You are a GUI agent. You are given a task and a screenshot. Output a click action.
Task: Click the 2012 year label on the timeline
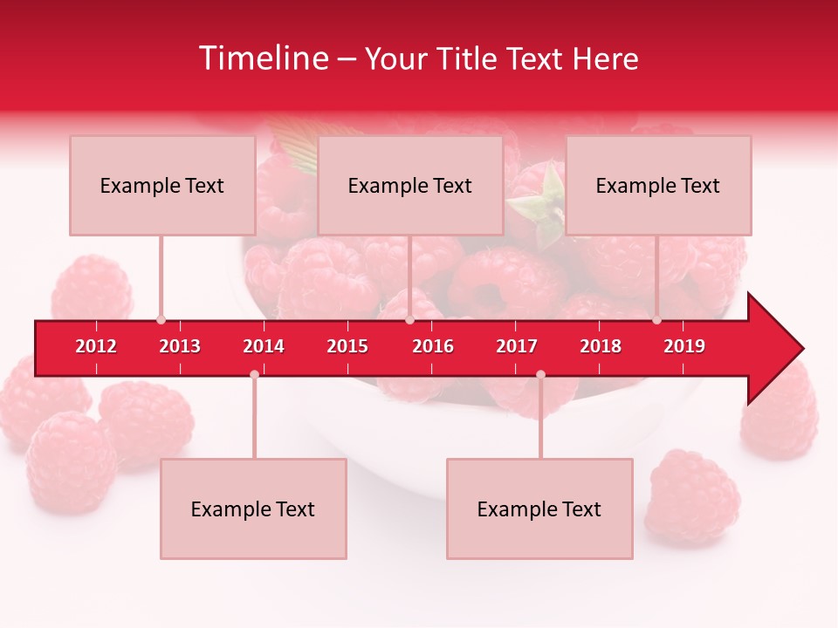tap(96, 346)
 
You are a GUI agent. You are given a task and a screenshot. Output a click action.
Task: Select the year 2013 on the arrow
tap(180, 346)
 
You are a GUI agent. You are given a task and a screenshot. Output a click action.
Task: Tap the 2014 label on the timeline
tap(264, 346)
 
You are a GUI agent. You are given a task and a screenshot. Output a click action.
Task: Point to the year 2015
tap(347, 346)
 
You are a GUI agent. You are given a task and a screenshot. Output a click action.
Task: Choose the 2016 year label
tap(433, 346)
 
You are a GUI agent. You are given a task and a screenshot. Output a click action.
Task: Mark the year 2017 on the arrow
tap(517, 346)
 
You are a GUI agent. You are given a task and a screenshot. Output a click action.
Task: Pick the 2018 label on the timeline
tap(601, 346)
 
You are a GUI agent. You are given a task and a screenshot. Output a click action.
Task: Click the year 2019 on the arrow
tap(684, 346)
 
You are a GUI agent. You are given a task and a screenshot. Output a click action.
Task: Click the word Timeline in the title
tap(262, 58)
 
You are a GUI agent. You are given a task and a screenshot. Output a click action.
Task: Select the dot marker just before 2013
tap(161, 320)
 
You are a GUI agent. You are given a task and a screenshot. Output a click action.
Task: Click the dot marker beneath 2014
tap(254, 374)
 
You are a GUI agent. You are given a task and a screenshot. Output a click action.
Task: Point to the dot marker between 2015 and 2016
tap(409, 320)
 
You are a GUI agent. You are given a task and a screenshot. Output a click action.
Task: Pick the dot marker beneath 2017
tap(540, 374)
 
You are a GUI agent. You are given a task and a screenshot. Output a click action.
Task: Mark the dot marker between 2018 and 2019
tap(657, 320)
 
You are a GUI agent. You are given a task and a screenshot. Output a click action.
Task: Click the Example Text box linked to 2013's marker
tap(162, 185)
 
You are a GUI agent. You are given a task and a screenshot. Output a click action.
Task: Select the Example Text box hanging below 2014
tap(253, 509)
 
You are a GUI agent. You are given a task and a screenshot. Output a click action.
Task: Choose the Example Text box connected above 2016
tap(410, 185)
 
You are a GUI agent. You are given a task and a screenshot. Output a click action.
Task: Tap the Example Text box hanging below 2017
tap(539, 509)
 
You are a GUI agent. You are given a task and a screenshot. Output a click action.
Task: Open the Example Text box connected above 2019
tap(658, 185)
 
